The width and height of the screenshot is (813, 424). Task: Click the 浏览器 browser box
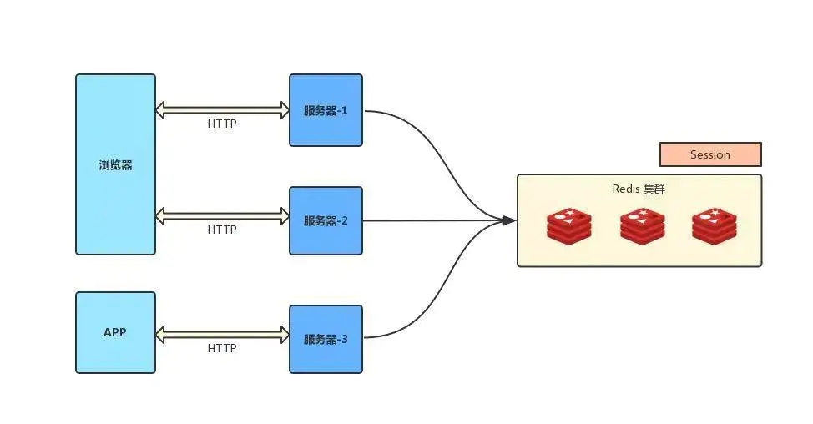coord(115,164)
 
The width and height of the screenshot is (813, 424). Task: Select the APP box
coord(115,332)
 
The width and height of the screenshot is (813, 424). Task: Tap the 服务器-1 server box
coord(326,110)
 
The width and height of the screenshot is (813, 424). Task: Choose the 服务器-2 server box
coord(326,221)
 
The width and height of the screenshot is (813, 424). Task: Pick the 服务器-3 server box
coord(326,339)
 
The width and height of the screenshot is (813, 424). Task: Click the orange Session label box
coord(710,154)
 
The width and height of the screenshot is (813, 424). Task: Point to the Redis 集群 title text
coord(639,189)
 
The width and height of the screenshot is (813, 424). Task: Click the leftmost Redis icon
coord(569,225)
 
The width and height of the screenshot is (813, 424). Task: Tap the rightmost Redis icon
coord(714,225)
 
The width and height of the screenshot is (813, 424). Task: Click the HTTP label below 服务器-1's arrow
coord(222,124)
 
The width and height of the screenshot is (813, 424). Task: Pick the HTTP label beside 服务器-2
coord(222,230)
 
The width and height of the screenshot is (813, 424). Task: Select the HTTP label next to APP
coord(222,348)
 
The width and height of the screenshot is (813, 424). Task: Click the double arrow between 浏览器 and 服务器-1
coord(222,109)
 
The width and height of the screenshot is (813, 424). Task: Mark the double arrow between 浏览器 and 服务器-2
coord(222,216)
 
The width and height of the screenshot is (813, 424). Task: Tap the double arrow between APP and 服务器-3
coord(222,336)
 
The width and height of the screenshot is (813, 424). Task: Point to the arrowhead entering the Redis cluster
coord(509,220)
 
